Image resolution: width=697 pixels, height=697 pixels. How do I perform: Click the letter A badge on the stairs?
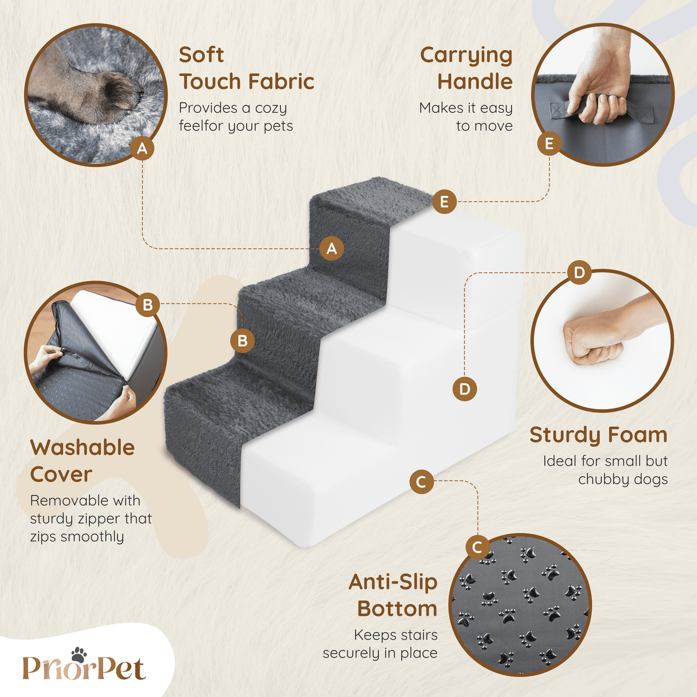pos(332,248)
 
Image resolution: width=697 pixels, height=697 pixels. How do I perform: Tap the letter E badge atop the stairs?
pos(444,202)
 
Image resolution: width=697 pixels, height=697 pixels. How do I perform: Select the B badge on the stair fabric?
pos(242,341)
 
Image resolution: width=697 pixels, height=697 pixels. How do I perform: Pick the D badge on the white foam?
pos(465,389)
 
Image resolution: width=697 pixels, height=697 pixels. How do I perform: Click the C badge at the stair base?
pos(422,482)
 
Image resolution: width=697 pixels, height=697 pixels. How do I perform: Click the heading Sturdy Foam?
pos(599,435)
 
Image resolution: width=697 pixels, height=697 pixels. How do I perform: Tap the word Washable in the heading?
pos(82,448)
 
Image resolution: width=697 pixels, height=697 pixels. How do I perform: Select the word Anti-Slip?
pos(393,583)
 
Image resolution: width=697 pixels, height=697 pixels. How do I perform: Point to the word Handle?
pos(475,82)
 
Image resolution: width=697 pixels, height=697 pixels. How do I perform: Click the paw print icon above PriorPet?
pos(79,655)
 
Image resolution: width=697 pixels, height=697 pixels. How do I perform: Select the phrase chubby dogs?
pos(623,479)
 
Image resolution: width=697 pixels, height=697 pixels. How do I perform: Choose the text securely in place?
pos(380,653)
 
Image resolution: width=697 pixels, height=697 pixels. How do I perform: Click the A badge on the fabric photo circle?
pos(142,148)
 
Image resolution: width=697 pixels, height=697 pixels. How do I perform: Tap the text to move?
pos(484,126)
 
